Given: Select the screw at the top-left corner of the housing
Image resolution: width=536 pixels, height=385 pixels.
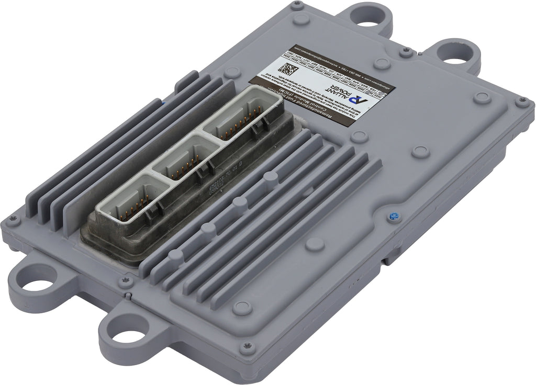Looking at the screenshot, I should (297, 6).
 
